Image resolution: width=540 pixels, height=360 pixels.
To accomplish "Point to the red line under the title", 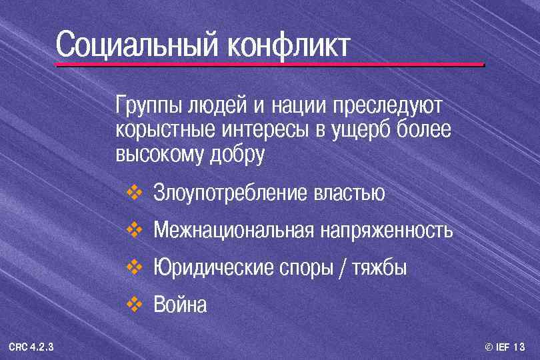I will click(x=269, y=65).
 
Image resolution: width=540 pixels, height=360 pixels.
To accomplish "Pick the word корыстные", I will click(x=159, y=130).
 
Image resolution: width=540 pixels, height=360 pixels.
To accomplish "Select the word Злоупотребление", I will click(x=230, y=193).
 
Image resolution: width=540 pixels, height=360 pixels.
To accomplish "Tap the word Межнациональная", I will click(x=233, y=231).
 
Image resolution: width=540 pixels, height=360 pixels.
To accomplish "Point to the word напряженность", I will click(x=386, y=231).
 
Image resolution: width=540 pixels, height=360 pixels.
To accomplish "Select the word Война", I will click(x=180, y=305).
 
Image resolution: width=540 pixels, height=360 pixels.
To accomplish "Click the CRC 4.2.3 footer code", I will click(x=31, y=347).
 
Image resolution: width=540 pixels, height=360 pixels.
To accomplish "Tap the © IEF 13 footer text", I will click(x=505, y=347).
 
